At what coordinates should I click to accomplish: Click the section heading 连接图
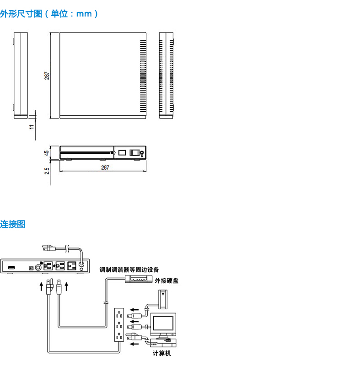click(13, 224)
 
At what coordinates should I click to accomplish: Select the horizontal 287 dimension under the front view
click(105, 168)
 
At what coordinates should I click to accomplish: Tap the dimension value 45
click(47, 153)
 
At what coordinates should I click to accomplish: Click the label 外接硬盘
click(167, 280)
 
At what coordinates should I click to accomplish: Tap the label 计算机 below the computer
click(162, 354)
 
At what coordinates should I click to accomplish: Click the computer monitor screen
click(163, 324)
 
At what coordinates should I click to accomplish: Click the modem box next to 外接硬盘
click(137, 280)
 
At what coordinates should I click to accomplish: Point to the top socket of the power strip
click(119, 315)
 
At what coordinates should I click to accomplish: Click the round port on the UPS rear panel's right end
click(82, 264)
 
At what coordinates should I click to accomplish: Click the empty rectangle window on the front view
click(122, 153)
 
